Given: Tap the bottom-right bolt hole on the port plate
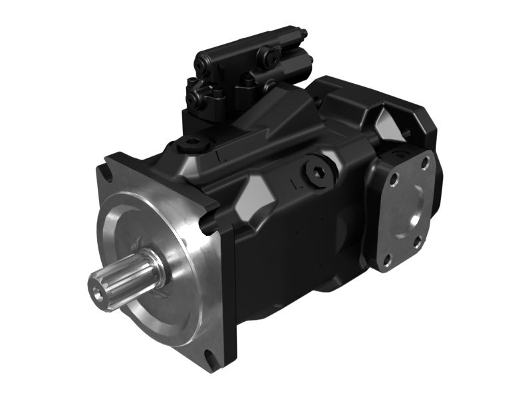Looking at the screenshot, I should [417, 243].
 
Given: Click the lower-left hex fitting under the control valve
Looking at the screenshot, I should [194, 98].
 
